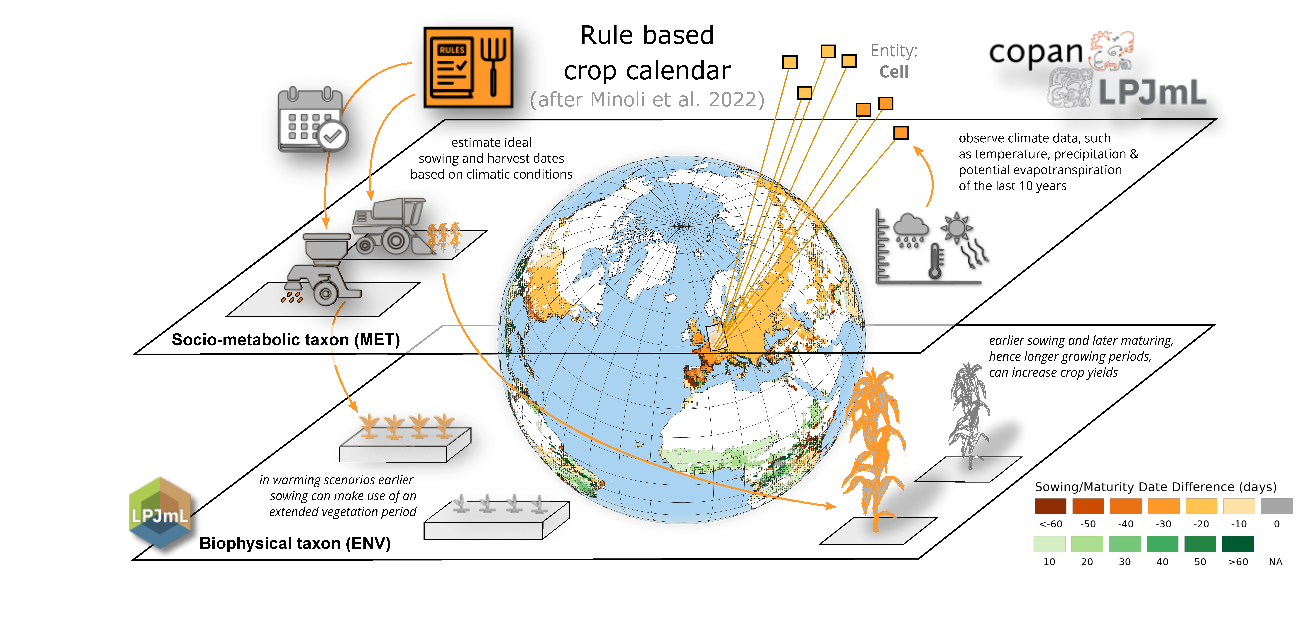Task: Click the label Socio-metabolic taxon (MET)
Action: pos(285,340)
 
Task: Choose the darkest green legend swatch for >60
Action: pos(1238,544)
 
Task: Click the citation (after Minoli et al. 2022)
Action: pos(647,100)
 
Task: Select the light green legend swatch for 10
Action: pos(1049,544)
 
